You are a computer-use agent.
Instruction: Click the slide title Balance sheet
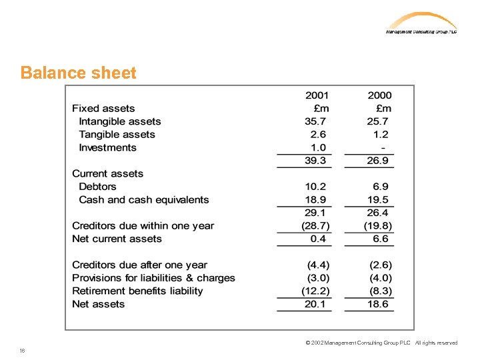click(78, 73)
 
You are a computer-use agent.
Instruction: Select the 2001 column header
click(317, 96)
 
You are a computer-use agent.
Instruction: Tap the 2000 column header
click(379, 96)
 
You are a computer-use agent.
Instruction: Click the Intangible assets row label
click(120, 121)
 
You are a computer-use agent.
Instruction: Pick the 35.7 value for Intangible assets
click(315, 121)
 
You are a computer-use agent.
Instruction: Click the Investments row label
click(107, 148)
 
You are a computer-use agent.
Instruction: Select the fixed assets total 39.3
click(315, 161)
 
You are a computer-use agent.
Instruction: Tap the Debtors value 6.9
click(381, 187)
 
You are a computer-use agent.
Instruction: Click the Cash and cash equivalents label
click(143, 200)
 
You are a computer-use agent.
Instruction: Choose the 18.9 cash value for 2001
click(315, 200)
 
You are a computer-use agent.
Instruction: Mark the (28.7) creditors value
click(315, 226)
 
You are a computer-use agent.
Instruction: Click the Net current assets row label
click(117, 239)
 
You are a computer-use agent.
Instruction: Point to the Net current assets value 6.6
click(381, 239)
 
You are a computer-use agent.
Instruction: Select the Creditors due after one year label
click(139, 265)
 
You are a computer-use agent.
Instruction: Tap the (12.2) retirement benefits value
click(315, 291)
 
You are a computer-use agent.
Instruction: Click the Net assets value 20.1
click(315, 304)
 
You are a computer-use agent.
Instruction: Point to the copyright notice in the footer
click(381, 343)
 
